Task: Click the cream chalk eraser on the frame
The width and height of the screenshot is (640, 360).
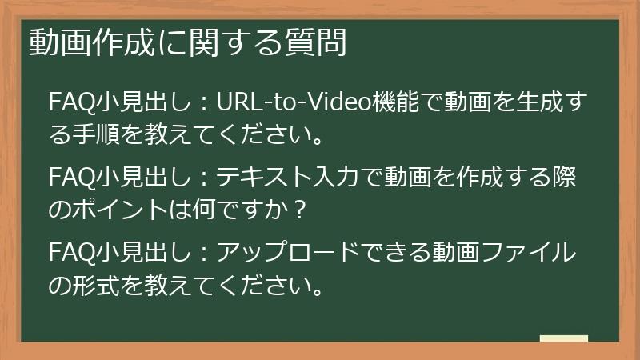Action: (564, 339)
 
